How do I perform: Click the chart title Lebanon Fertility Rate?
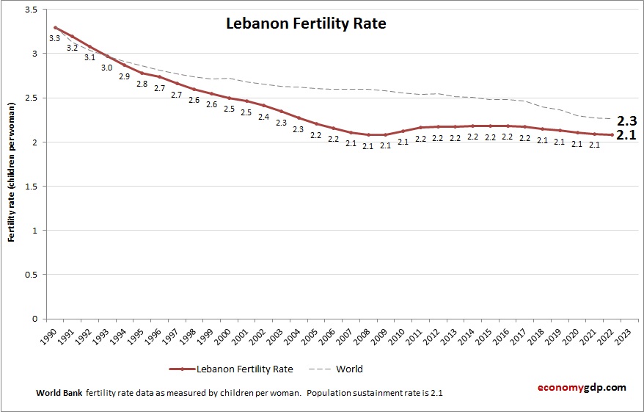(x=305, y=24)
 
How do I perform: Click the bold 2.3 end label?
(x=626, y=121)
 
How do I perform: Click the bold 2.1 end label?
(x=626, y=135)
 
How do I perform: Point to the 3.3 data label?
(x=54, y=38)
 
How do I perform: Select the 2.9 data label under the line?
(x=124, y=76)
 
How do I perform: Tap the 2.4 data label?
(x=263, y=117)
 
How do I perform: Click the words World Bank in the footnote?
(x=59, y=393)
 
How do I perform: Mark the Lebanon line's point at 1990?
(x=55, y=27)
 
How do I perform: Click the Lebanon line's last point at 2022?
(x=612, y=134)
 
